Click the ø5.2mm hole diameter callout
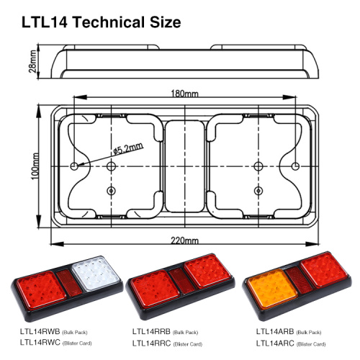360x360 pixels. pyautogui.click(x=128, y=149)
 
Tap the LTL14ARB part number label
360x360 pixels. pyautogui.click(x=276, y=331)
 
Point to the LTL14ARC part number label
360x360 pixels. pyautogui.click(x=276, y=343)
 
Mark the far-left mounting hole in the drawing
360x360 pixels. pyautogui.click(x=74, y=167)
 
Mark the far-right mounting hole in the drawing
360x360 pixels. pyautogui.click(x=295, y=167)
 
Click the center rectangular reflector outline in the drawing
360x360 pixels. pyautogui.click(x=185, y=167)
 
